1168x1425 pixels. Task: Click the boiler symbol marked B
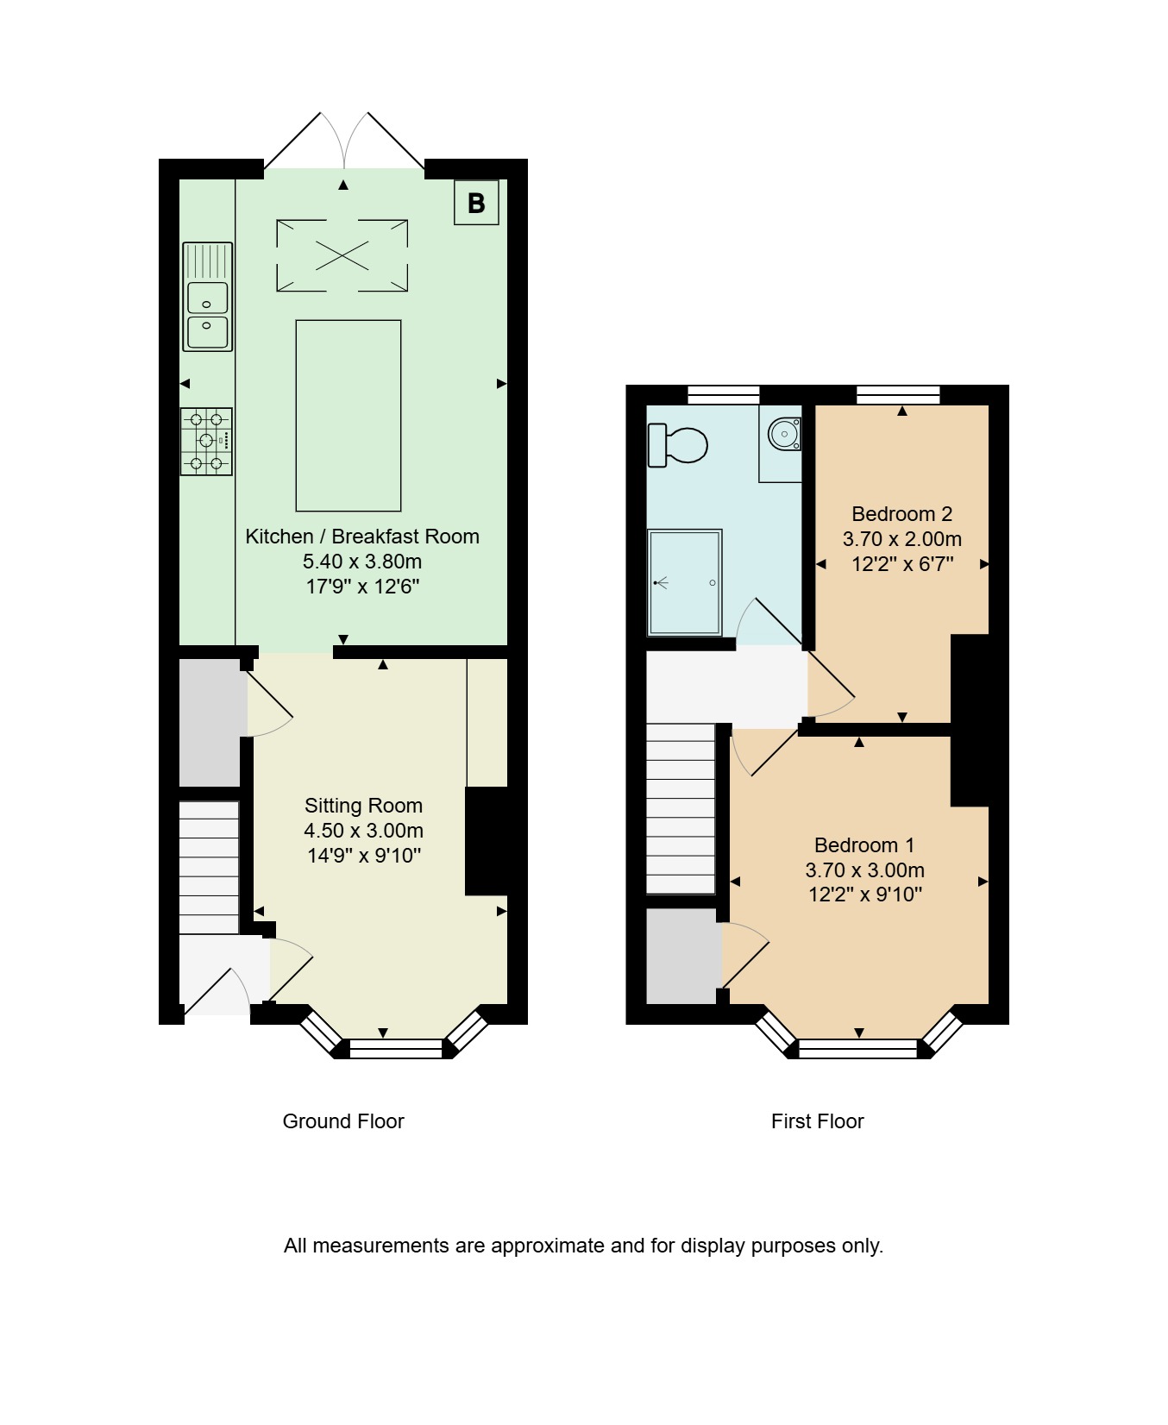pyautogui.click(x=476, y=203)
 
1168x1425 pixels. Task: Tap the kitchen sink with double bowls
pyautogui.click(x=208, y=297)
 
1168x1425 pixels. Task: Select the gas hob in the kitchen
pyautogui.click(x=207, y=442)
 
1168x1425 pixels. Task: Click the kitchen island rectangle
pyautogui.click(x=349, y=416)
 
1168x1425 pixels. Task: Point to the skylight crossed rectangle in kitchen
pyautogui.click(x=342, y=255)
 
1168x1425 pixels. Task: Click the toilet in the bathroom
pyautogui.click(x=678, y=445)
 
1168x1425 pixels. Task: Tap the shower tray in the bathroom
pyautogui.click(x=685, y=582)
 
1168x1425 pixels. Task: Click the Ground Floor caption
pyautogui.click(x=343, y=1121)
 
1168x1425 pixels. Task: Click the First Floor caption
pyautogui.click(x=818, y=1121)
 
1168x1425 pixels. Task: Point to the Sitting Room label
pyautogui.click(x=363, y=806)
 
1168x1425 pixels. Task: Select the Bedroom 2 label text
pyautogui.click(x=902, y=514)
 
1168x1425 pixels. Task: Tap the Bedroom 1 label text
pyautogui.click(x=864, y=845)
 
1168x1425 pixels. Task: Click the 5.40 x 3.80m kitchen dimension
pyautogui.click(x=362, y=562)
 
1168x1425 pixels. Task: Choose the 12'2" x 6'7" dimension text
pyautogui.click(x=902, y=564)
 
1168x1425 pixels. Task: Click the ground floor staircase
pyautogui.click(x=209, y=867)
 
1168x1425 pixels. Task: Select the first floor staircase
pyautogui.click(x=681, y=808)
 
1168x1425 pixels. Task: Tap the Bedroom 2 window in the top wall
pyautogui.click(x=898, y=395)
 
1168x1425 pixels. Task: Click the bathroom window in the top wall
pyautogui.click(x=724, y=395)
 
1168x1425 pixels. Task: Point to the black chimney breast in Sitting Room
pyautogui.click(x=487, y=841)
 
